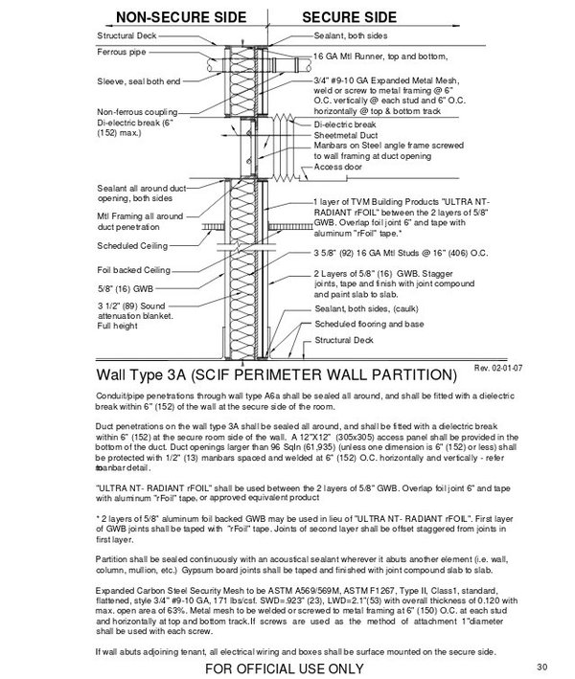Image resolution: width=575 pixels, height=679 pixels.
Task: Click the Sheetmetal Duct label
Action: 344,135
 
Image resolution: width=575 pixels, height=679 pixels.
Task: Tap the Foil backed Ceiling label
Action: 133,268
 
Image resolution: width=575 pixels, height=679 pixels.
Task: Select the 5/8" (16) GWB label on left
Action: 124,286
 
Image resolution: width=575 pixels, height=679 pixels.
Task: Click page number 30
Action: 540,667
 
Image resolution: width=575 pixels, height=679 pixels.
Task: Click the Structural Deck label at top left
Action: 126,35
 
